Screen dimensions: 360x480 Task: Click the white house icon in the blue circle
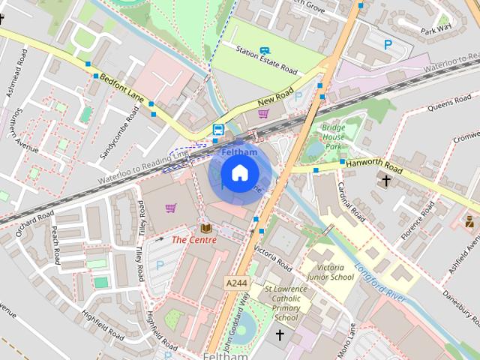[239, 173]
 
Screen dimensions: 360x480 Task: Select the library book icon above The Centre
[205, 227]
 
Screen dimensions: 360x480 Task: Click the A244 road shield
[235, 283]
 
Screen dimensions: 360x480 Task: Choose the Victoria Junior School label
[331, 272]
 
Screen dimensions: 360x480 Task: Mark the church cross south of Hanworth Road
[386, 181]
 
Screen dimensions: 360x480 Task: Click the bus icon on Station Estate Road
[263, 50]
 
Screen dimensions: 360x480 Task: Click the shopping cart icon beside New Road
[263, 114]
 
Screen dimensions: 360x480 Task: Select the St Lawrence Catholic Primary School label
[286, 303]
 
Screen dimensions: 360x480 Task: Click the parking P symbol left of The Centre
[159, 265]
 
